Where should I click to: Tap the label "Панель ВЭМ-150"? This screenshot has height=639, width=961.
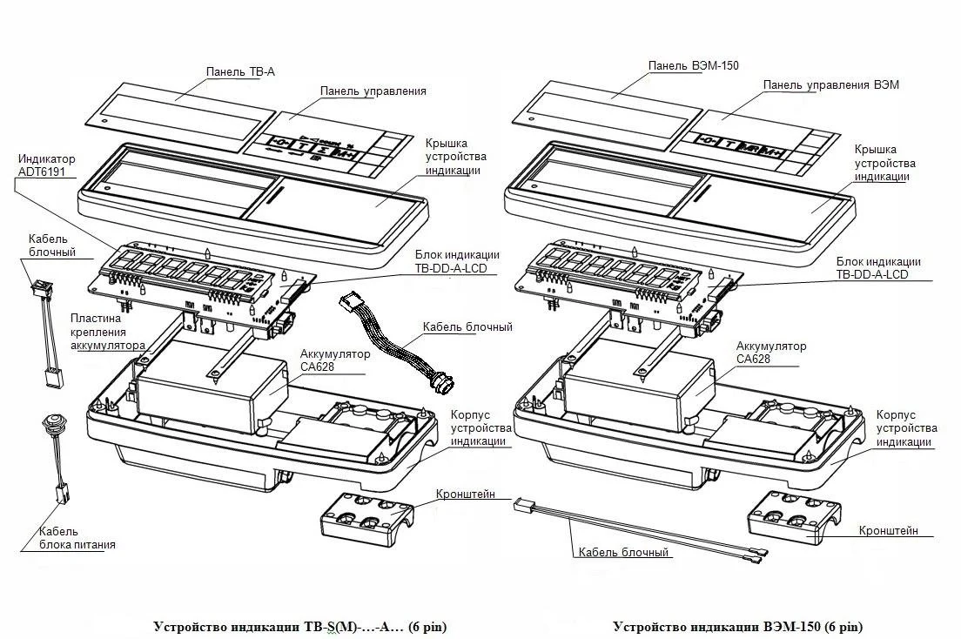(693, 65)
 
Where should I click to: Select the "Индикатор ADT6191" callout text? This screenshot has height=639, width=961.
(47, 165)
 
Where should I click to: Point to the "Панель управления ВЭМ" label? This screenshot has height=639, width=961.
(831, 84)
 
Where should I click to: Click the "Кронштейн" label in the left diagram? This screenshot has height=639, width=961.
(465, 494)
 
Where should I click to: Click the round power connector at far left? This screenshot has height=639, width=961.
(50, 423)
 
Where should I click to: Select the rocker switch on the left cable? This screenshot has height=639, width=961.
(41, 287)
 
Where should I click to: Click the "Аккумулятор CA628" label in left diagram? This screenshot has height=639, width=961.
(334, 360)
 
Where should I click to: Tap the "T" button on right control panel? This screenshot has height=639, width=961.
(729, 145)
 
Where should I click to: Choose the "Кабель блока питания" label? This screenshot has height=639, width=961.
(77, 538)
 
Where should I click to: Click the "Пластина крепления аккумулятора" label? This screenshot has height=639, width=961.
(108, 332)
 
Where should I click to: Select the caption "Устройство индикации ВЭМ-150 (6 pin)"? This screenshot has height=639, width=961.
(737, 627)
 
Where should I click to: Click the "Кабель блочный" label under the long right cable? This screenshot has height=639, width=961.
(623, 552)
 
